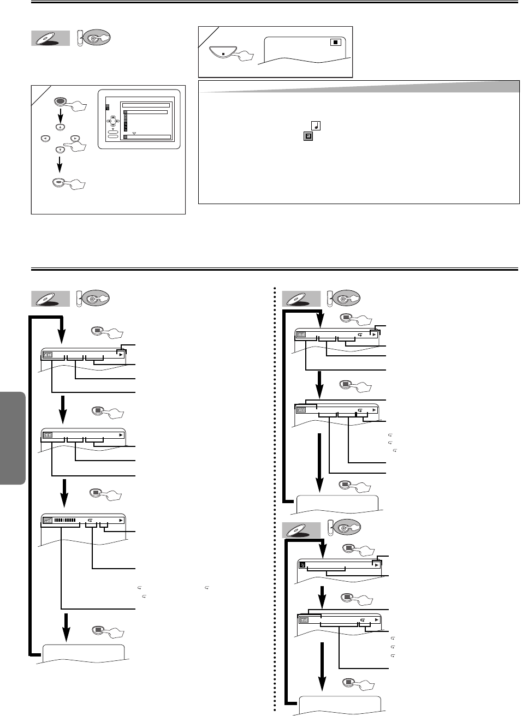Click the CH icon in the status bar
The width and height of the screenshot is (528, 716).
48,355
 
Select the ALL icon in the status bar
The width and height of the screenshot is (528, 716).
301,409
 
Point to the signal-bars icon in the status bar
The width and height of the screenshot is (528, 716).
48,520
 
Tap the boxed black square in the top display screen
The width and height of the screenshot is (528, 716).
336,41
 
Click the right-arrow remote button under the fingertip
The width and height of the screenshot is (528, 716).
75,139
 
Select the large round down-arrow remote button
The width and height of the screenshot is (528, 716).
59,149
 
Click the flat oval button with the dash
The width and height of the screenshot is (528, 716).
59,183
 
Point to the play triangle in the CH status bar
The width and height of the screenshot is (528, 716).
121,354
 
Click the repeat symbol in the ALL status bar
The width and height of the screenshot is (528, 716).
360,409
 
